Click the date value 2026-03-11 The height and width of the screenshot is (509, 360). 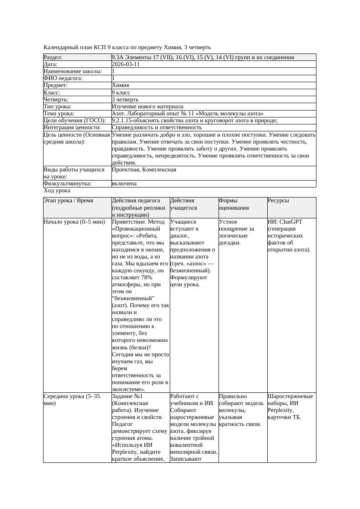click(126, 64)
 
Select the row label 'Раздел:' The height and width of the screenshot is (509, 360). click(53, 57)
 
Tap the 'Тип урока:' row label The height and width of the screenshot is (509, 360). click(57, 107)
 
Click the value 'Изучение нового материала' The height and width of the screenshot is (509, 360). click(148, 107)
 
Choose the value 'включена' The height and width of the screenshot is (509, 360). click(124, 184)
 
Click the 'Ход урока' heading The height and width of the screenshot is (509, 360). click(57, 191)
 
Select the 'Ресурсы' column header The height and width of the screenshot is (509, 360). click(279, 201)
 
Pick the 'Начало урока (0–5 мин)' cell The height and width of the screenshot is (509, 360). click(74, 222)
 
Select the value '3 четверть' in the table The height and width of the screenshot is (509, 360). click(126, 100)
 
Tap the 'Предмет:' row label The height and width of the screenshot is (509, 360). click(56, 86)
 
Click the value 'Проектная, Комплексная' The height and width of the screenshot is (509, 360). click(144, 170)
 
